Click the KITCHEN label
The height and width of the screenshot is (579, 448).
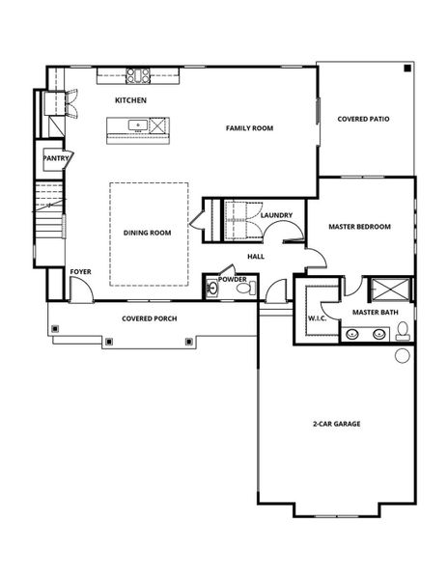pos(130,100)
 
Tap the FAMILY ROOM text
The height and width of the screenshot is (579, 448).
pos(250,127)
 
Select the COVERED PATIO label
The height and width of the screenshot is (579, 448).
pos(364,120)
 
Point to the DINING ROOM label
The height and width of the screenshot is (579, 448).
pos(147,233)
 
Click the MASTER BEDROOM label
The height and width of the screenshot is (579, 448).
pos(359,227)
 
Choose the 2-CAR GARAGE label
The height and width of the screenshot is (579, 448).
pos(336,423)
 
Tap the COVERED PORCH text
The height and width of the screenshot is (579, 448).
pos(149,318)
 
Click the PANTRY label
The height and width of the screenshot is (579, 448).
pos(54,157)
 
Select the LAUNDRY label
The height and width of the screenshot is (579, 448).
pos(276,215)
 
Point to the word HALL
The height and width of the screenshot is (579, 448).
pos(256,257)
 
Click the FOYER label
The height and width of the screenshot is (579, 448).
pos(80,272)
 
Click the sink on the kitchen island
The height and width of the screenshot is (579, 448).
pos(138,124)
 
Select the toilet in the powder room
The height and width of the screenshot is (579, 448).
pos(241,288)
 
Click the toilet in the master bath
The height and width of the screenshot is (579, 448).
pos(402,333)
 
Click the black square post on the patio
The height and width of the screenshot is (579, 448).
pos(407,69)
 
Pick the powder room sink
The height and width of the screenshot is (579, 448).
pos(212,288)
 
